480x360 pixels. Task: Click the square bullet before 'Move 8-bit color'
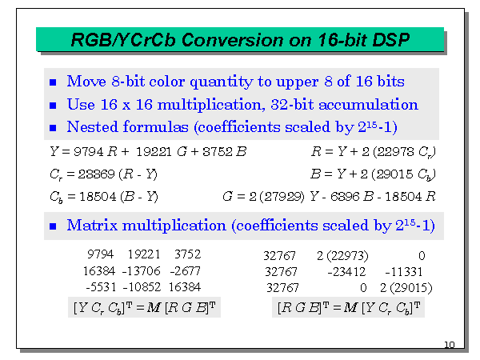point(54,82)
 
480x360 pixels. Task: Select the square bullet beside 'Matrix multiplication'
point(54,227)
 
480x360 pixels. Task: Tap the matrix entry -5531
point(101,286)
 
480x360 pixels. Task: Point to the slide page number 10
point(449,345)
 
